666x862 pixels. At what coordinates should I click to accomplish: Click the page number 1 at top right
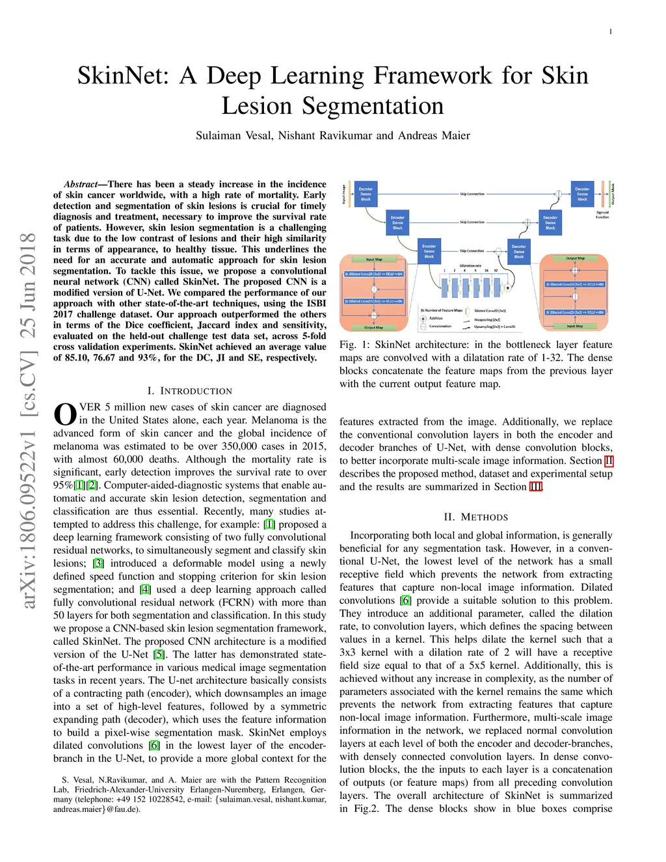pos(610,32)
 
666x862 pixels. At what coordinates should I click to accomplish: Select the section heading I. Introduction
pos(189,390)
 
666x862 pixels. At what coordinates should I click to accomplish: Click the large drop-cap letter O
pos(65,415)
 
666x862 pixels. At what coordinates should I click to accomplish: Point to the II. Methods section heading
pos(475,517)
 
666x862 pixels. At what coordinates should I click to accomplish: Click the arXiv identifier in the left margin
pos(28,420)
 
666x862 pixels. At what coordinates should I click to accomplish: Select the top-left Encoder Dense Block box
pos(366,194)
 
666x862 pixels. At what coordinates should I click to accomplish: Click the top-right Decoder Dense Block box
pos(582,194)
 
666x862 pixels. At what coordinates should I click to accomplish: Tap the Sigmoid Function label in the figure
pos(602,215)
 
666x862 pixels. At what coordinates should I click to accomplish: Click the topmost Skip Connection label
pos(472,194)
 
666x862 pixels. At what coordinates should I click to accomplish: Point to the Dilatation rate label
pos(470,265)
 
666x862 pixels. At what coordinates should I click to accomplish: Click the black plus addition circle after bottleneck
pos(507,287)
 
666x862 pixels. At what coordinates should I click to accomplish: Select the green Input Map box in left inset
pos(374,259)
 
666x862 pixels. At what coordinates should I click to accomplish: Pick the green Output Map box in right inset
pos(575,258)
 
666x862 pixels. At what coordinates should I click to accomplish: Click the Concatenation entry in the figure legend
pos(440,326)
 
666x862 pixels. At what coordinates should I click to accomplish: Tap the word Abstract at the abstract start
pos(81,184)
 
